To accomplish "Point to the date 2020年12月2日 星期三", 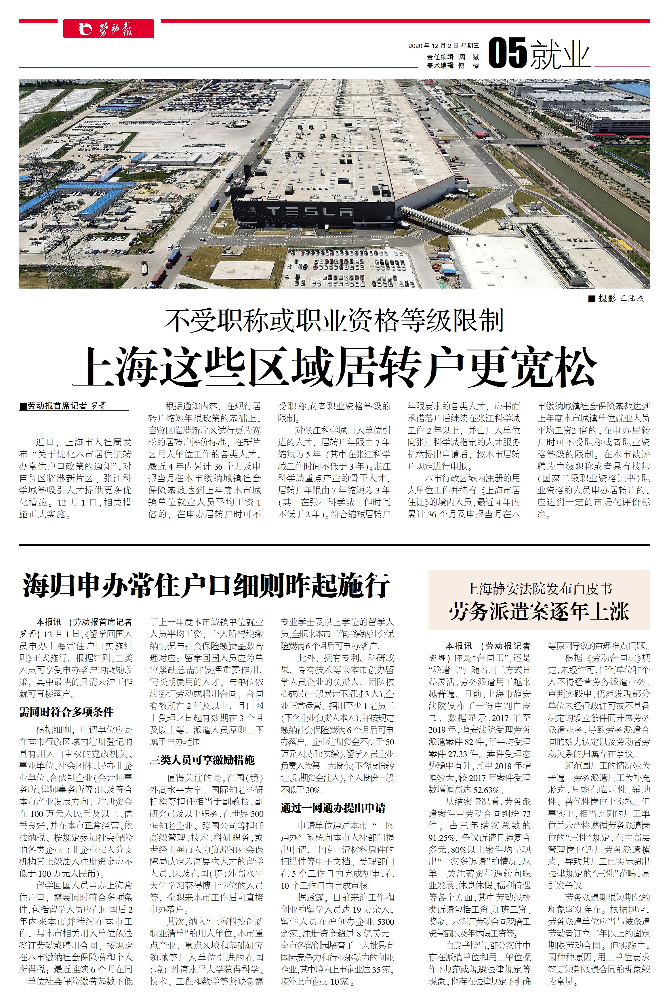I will pos(443,46).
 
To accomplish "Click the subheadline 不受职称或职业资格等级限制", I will pos(334,320).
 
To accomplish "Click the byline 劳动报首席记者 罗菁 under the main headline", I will pos(67,406).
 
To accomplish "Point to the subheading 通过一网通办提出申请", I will pos(333,808).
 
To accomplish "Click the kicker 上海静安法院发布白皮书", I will pos(539,589).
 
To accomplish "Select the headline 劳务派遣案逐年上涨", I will pos(539,611).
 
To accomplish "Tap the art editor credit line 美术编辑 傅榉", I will pos(453,65).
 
